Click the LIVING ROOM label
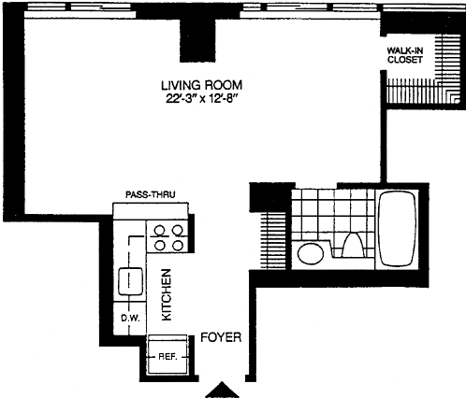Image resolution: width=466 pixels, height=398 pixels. (x=201, y=85)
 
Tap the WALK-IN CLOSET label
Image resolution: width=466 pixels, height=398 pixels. (x=405, y=55)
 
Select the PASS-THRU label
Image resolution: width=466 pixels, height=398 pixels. (x=151, y=195)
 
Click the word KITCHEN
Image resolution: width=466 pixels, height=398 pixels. (x=167, y=295)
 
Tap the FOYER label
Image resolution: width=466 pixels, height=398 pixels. (x=221, y=337)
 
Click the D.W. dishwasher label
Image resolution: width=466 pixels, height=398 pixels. (x=129, y=319)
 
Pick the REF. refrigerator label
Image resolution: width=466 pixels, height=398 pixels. (x=167, y=357)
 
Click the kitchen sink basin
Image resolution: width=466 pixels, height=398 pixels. (x=131, y=281)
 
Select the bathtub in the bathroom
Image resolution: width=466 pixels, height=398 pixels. (x=397, y=228)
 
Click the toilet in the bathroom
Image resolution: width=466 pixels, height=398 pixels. (x=354, y=245)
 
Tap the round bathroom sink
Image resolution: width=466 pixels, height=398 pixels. (x=311, y=254)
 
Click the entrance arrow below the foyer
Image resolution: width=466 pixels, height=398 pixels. (x=222, y=390)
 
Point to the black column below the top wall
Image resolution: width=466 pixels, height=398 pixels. (x=197, y=40)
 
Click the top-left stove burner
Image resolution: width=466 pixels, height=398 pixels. (x=160, y=231)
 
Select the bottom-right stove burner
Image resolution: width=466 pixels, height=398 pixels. (x=178, y=246)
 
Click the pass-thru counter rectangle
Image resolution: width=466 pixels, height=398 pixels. (x=151, y=211)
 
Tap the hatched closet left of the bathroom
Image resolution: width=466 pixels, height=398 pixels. (x=273, y=241)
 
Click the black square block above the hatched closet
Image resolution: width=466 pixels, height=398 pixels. (x=269, y=197)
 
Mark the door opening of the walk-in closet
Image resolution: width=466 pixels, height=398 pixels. (x=384, y=53)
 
